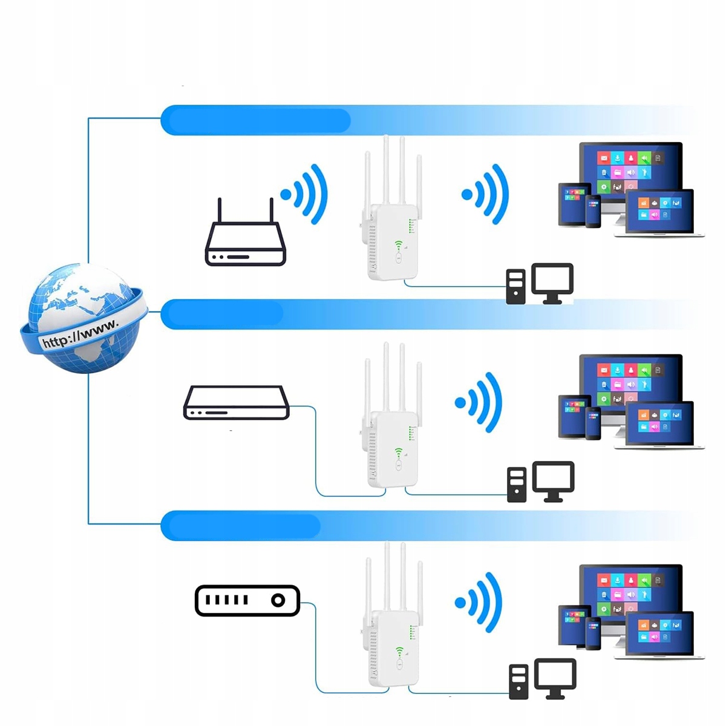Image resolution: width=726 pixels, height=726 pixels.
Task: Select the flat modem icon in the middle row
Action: (236, 403)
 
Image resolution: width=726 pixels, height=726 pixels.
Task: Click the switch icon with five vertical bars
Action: (247, 600)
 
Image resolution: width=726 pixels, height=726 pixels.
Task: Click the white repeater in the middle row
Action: (392, 448)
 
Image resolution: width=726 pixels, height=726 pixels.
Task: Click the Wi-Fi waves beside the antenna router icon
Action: (306, 194)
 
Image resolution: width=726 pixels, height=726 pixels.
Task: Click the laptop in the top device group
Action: (659, 212)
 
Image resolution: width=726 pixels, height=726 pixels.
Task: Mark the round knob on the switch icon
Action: (278, 600)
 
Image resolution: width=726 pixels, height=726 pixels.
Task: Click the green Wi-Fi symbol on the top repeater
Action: (399, 245)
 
